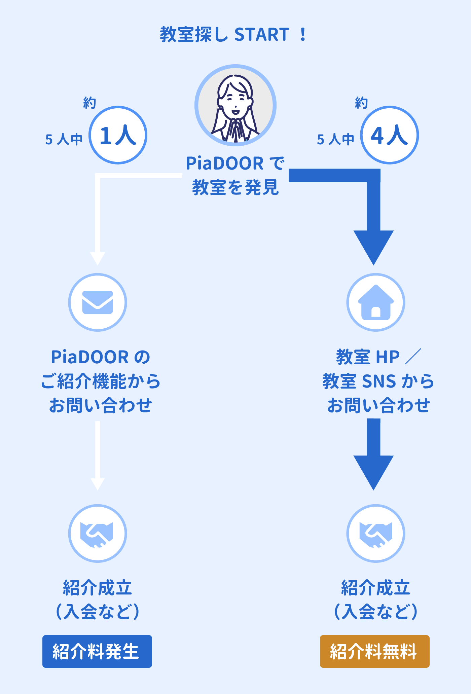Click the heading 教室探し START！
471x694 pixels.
click(233, 34)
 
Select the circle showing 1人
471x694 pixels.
click(118, 135)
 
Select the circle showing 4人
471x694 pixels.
click(389, 135)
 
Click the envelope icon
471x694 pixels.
click(98, 302)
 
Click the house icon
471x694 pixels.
click(376, 302)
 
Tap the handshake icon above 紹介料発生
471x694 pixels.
click(98, 533)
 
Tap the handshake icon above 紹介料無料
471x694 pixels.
click(376, 533)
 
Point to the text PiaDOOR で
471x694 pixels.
click(235, 163)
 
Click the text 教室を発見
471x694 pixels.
click(235, 187)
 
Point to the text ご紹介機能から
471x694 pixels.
click(101, 381)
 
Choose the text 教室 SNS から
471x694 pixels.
click(378, 381)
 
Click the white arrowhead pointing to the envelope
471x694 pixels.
click(98, 258)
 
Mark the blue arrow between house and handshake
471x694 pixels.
click(373, 454)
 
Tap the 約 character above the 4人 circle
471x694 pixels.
click(361, 103)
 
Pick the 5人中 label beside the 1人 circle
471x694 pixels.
click(64, 139)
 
